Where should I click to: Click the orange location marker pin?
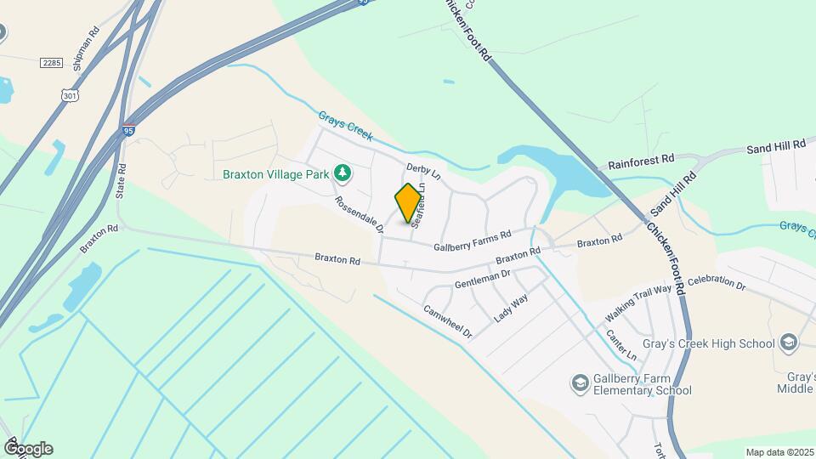(408, 203)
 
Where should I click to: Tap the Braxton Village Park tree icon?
(343, 173)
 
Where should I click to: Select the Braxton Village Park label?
(275, 174)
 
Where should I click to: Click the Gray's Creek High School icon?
(789, 343)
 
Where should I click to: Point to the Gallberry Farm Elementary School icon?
(581, 384)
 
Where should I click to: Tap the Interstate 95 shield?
(127, 130)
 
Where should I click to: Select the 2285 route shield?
(51, 62)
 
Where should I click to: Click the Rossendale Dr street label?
(360, 215)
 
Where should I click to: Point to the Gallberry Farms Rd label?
(473, 240)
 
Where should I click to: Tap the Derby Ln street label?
(423, 172)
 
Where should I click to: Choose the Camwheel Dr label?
(447, 322)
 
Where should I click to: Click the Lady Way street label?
(511, 309)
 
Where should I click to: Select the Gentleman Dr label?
(481, 279)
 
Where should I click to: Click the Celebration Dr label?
(716, 282)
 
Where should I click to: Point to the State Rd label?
(122, 182)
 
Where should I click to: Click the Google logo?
(27, 449)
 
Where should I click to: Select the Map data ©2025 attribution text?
(779, 452)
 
